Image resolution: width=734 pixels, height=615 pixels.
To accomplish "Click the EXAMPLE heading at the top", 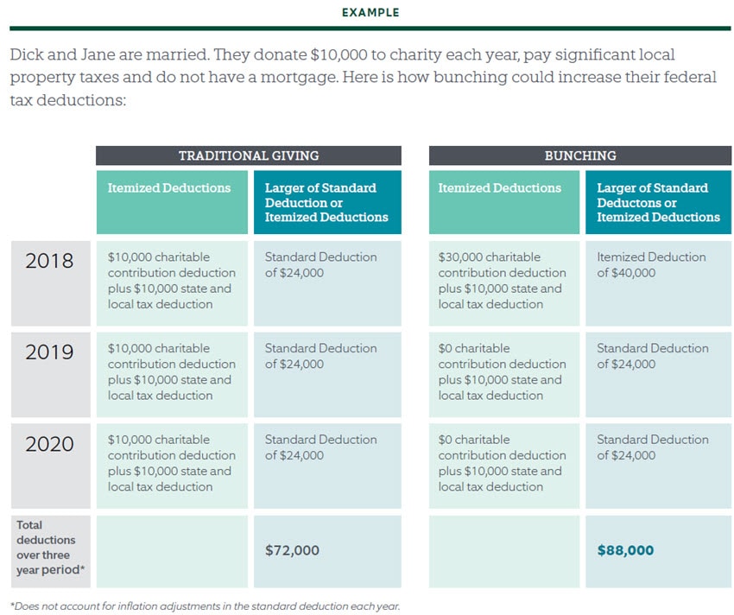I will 370,13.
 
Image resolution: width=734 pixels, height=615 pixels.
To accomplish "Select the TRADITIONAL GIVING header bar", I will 249,155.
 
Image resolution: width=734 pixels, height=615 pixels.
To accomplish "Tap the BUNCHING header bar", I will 579,155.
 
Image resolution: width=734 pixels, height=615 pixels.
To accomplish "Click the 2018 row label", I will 49,261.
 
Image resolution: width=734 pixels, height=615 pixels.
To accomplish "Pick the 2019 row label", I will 49,352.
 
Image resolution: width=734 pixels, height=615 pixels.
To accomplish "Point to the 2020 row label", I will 49,444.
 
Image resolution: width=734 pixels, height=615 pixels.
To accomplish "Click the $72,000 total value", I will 292,550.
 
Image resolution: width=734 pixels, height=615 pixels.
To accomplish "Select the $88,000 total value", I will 625,550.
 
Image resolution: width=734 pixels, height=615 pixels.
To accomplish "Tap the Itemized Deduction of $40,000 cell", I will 651,264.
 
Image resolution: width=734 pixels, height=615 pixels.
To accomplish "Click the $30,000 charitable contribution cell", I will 500,280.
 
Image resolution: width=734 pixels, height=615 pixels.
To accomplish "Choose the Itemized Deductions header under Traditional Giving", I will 169,187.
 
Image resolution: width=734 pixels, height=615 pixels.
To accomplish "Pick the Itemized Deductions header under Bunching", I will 500,187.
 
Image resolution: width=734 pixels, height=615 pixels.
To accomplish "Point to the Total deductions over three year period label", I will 44,548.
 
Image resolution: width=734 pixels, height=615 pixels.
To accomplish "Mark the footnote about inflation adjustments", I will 205,605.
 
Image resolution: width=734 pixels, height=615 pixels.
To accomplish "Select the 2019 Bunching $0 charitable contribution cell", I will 500,371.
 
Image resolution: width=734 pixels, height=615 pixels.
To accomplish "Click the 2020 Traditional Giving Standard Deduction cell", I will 320,447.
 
